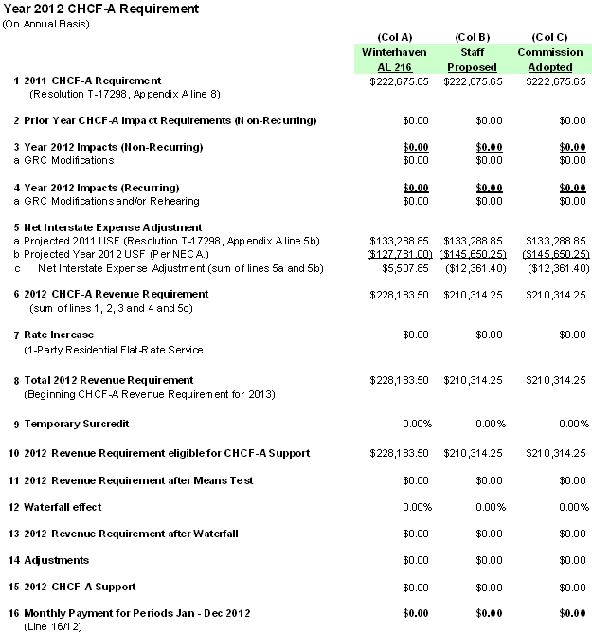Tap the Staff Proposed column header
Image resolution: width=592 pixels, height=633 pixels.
coord(472,60)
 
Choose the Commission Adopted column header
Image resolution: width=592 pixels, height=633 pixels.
coord(549,60)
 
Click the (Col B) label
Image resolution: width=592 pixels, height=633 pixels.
coord(472,37)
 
